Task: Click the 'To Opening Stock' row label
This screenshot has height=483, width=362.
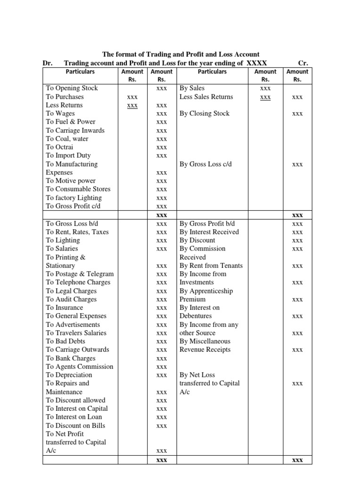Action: tap(72, 88)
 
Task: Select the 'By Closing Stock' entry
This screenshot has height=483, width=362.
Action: tap(205, 114)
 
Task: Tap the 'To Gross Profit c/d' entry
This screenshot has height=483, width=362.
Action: tap(73, 206)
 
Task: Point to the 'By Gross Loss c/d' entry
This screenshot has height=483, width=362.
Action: tap(206, 164)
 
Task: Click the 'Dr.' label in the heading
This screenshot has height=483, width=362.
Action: tap(48, 63)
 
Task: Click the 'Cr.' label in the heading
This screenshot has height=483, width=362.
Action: tap(304, 63)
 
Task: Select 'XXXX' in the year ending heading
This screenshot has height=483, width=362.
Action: tap(257, 63)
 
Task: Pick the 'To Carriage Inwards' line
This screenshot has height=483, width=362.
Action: tap(75, 131)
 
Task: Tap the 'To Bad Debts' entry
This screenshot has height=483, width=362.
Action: tap(66, 341)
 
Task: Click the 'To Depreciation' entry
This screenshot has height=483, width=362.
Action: tap(69, 375)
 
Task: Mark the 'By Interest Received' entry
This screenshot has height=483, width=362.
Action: tap(209, 232)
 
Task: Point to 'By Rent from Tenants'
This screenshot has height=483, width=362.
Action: tap(211, 266)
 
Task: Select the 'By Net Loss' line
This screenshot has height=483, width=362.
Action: tap(197, 375)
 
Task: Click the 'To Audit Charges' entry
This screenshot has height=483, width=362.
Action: tap(71, 299)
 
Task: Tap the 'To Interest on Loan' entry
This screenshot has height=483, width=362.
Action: tap(74, 417)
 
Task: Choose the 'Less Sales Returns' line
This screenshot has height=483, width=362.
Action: tap(206, 97)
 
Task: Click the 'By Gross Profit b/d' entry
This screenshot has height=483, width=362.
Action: tap(207, 224)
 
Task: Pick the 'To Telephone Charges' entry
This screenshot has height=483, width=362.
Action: tap(78, 282)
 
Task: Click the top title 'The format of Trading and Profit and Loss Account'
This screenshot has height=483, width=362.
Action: tap(181, 55)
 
